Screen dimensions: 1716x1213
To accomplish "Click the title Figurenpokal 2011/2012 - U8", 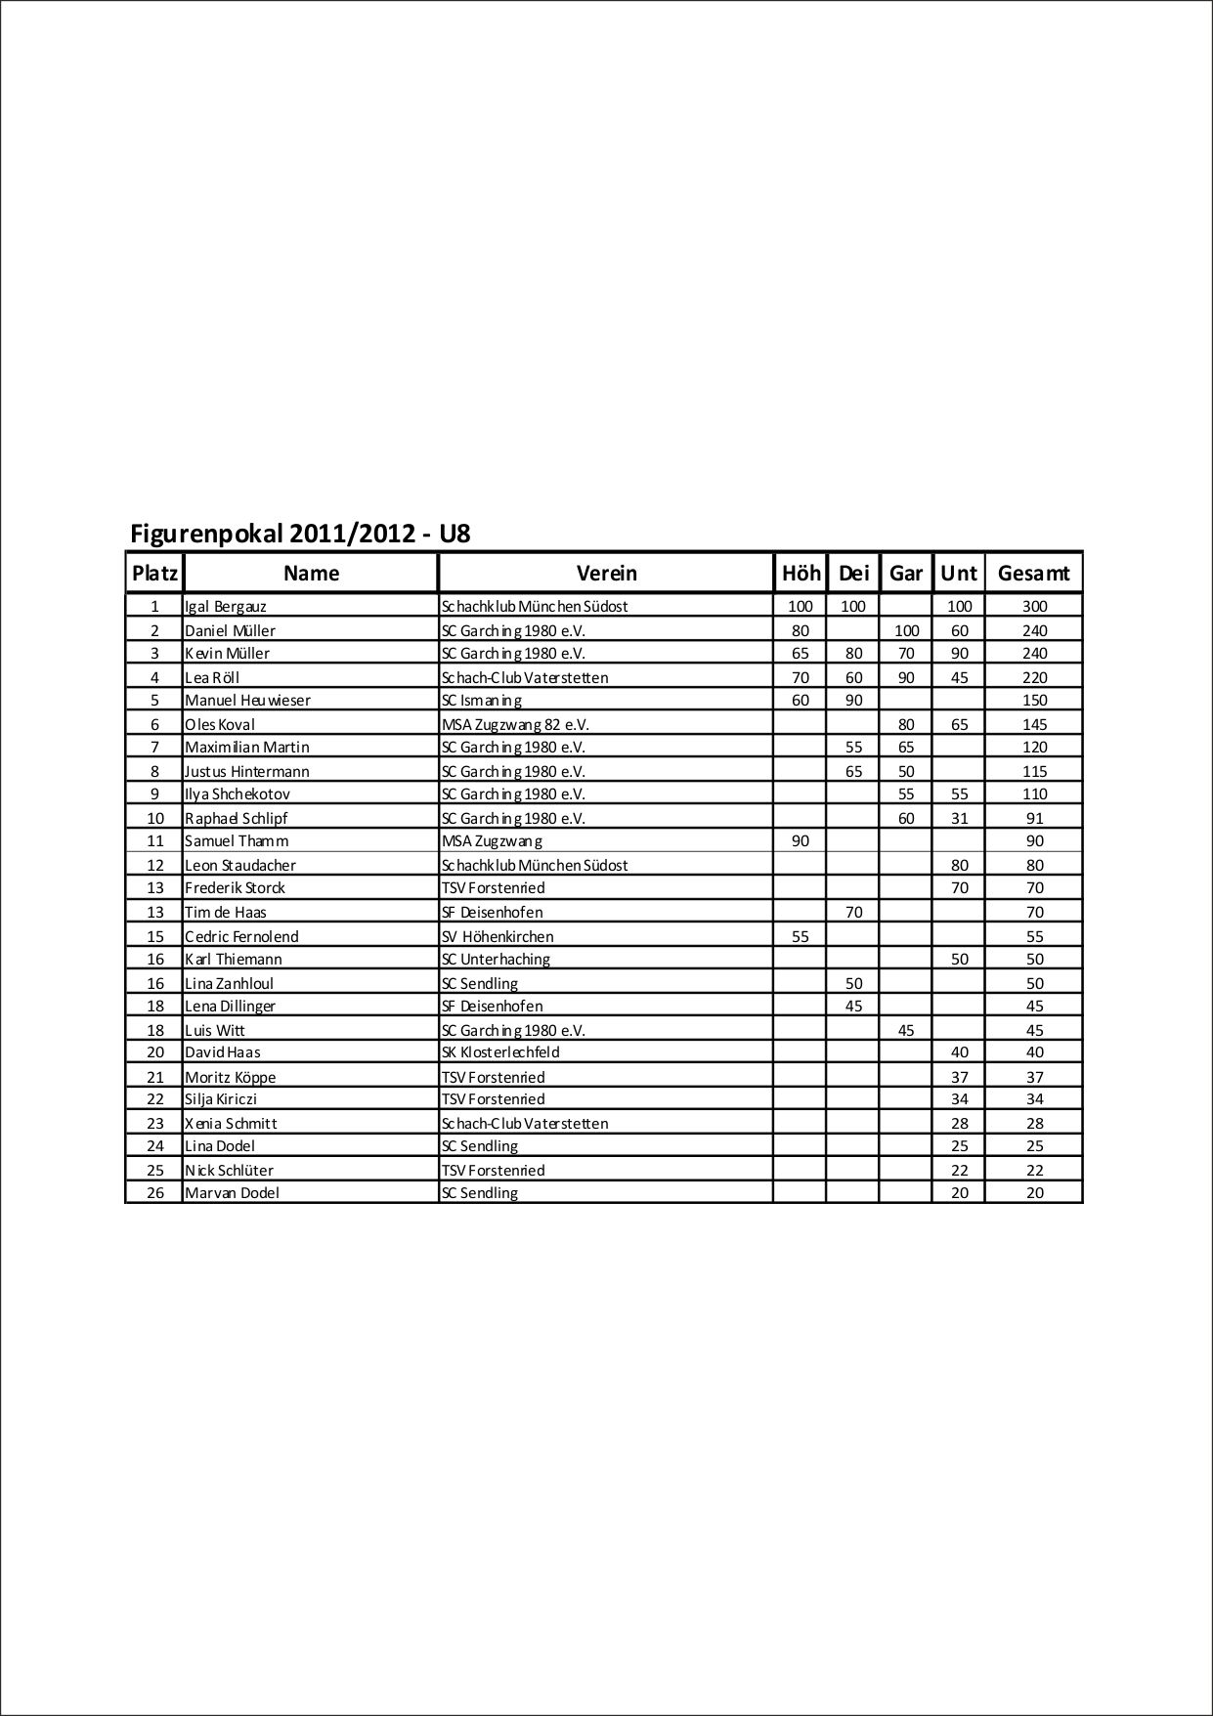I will coord(300,534).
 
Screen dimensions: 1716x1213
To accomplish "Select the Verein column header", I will coord(606,574).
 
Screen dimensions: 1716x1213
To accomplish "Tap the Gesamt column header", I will coord(1033,574).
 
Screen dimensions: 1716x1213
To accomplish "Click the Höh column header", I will coord(801,574).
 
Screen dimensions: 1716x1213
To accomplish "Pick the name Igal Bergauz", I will coord(226,607).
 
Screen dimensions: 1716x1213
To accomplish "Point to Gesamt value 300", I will coord(1034,607).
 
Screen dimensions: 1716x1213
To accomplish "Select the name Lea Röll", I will coord(212,677).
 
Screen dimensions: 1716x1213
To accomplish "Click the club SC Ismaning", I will coord(482,701).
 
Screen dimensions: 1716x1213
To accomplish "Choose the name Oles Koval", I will coord(220,725).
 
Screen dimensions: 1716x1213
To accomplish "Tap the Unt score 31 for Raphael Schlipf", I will coord(959,819).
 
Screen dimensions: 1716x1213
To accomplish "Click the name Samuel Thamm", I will coord(237,841).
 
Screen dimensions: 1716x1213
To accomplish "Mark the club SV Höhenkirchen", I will coord(498,936).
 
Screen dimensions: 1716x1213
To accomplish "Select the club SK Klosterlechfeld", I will coord(500,1052).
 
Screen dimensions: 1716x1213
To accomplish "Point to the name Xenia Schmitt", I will coord(232,1124).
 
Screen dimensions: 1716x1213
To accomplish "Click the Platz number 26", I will coord(155,1193).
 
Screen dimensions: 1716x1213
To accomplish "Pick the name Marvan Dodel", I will coord(233,1193).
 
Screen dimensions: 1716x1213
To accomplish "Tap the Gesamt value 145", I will coord(1034,725).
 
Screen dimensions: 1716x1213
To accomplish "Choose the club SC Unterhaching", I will coord(496,960).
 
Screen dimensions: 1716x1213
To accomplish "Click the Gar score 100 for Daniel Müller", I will coord(906,631).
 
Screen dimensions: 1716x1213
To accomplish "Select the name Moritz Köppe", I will coord(231,1078).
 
